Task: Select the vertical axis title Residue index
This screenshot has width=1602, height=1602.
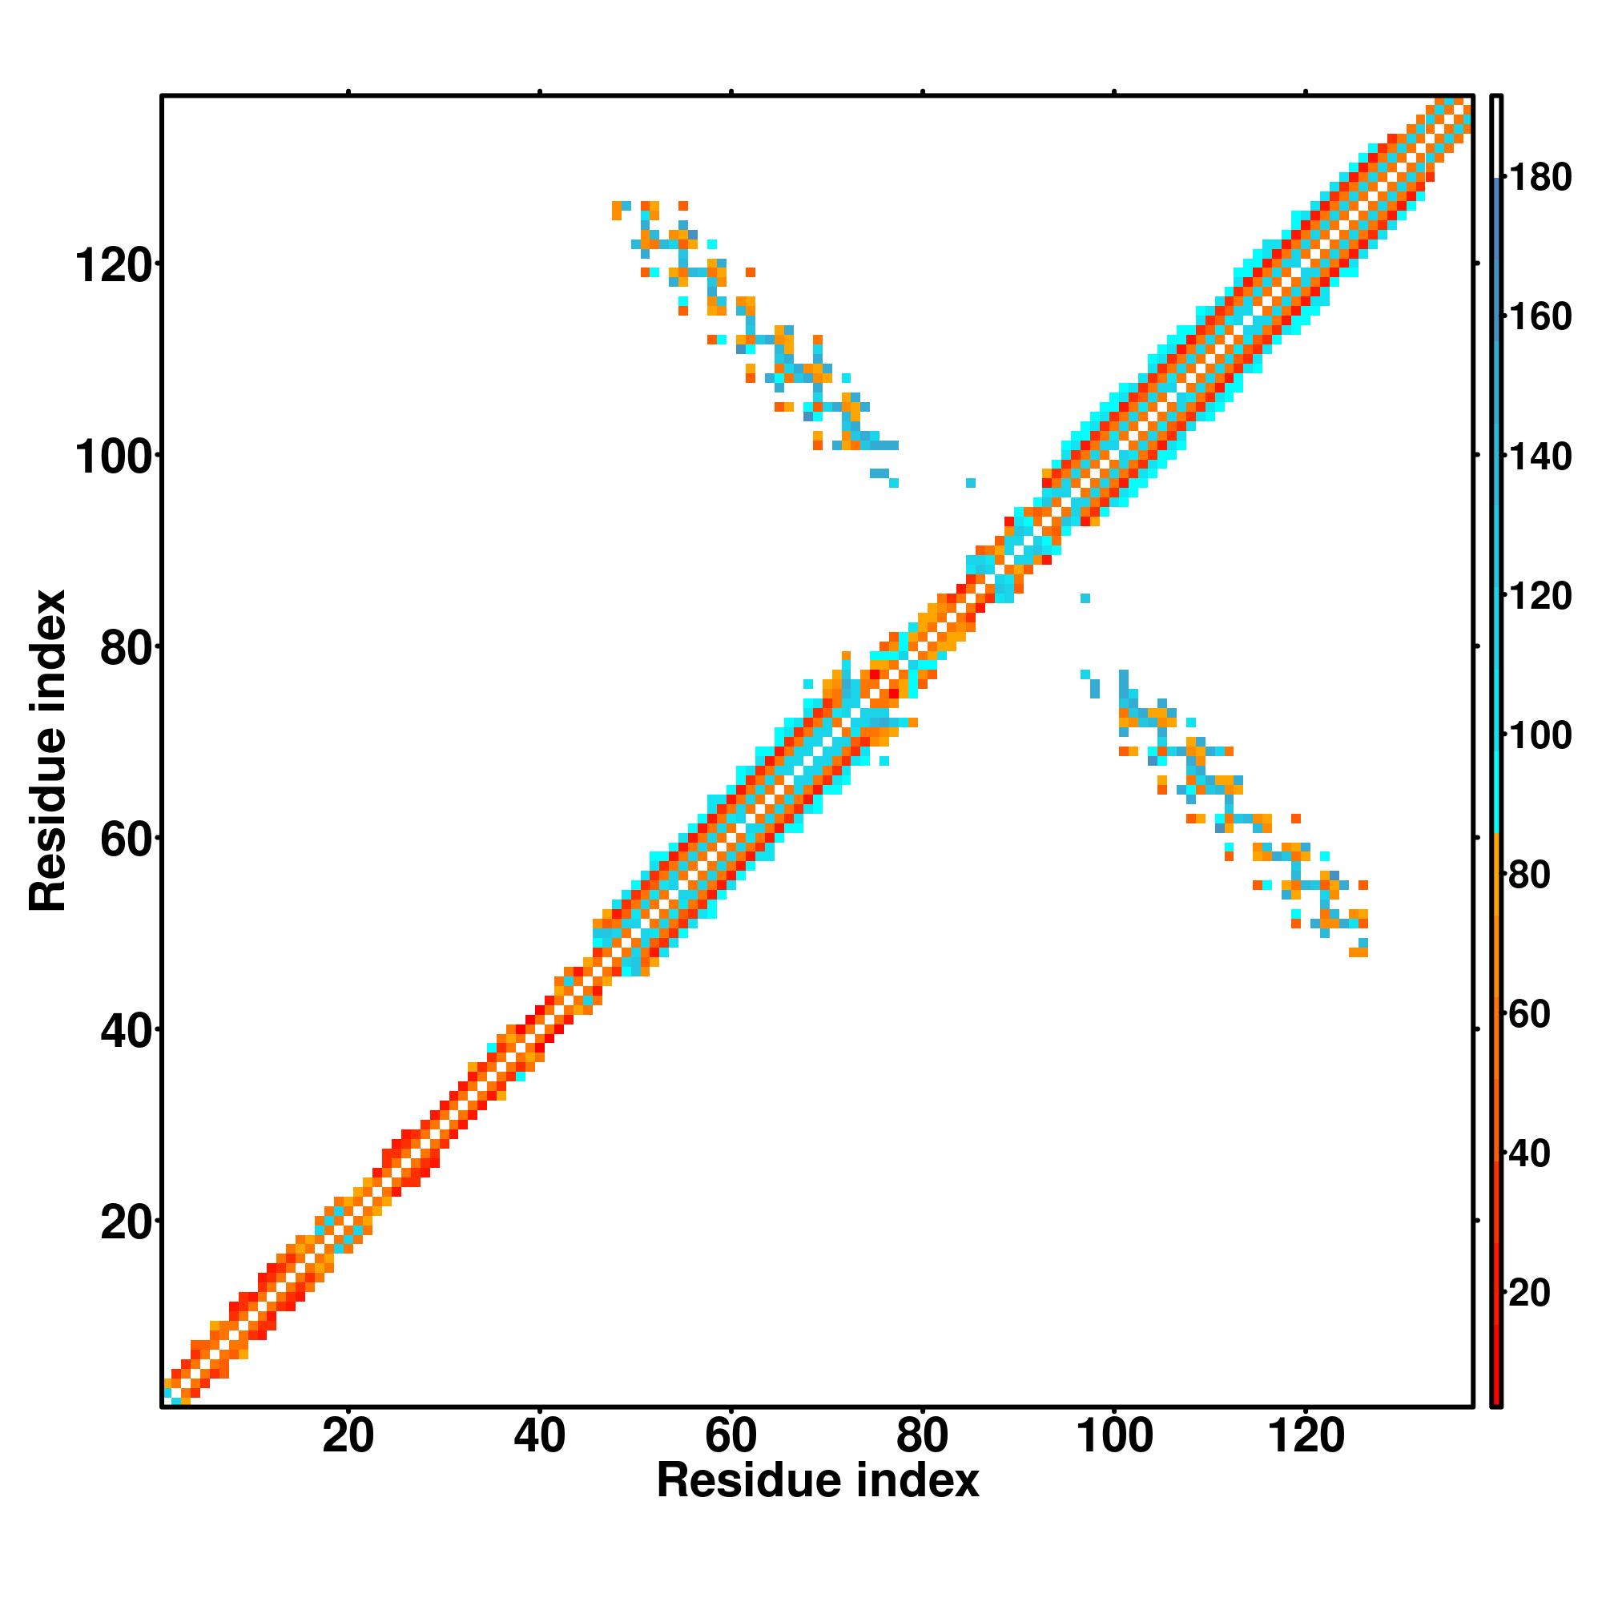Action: [47, 751]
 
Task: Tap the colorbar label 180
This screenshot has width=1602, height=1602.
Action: [1540, 178]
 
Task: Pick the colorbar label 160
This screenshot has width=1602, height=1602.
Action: [1540, 316]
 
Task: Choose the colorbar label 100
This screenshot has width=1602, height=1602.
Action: [1540, 735]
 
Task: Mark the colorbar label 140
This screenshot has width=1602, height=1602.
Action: [1540, 456]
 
